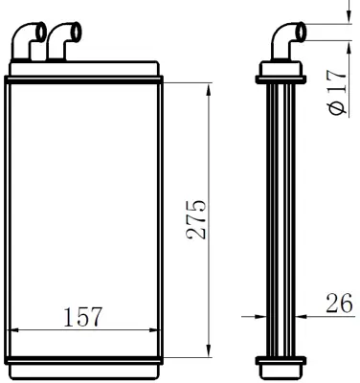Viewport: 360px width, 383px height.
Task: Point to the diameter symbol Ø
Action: pyautogui.click(x=336, y=108)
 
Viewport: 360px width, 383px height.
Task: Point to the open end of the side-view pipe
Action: pyautogui.click(x=303, y=32)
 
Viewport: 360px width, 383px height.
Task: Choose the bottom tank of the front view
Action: pyautogui.click(x=84, y=365)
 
